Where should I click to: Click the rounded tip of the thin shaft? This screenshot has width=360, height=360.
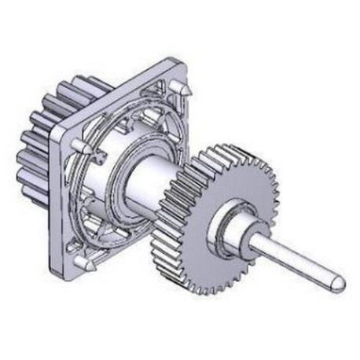tap(337, 279)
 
